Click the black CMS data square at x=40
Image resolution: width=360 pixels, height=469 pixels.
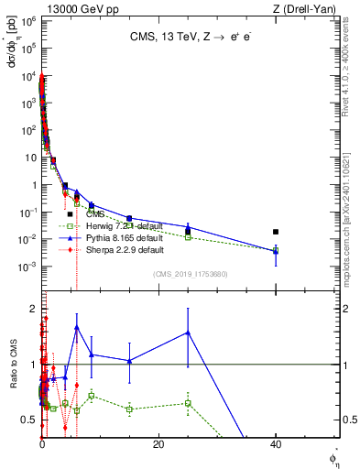[276, 232]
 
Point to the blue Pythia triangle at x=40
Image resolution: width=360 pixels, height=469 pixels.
[276, 250]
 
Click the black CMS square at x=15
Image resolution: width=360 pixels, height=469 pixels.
[129, 218]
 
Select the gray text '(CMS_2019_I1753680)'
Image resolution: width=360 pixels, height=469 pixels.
[189, 274]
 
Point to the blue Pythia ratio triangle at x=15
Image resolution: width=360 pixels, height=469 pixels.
[129, 360]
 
